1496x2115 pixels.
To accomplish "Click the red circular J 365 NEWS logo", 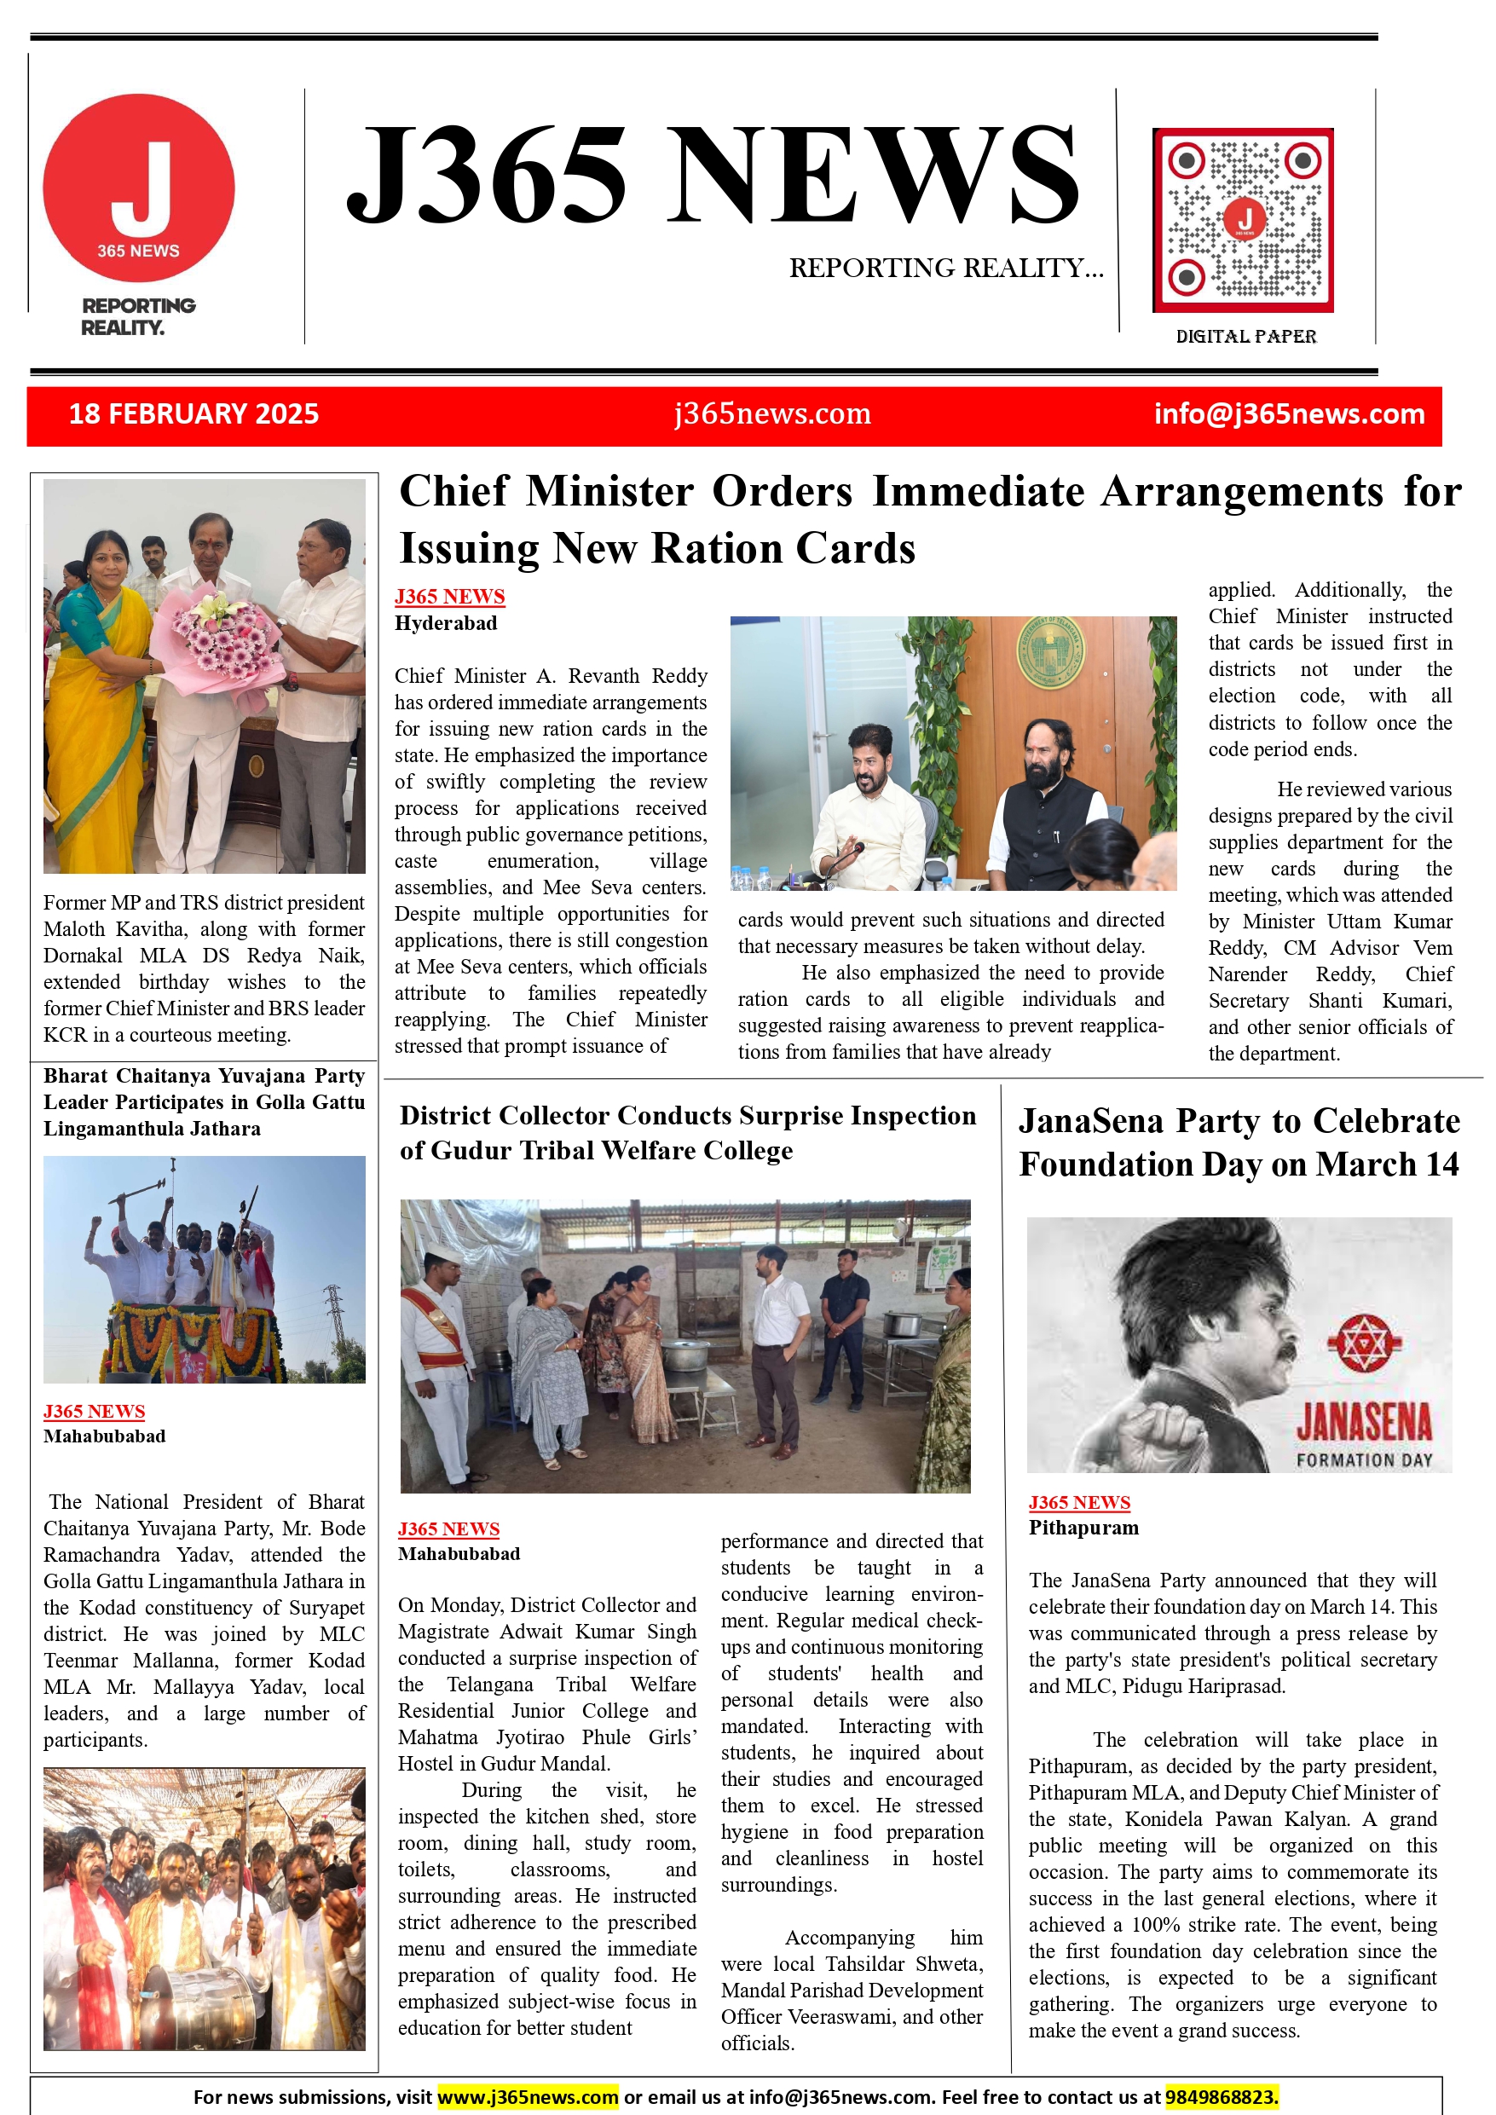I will tap(139, 188).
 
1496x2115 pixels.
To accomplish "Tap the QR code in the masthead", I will tap(1243, 220).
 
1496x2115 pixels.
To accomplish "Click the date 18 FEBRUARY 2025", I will tap(193, 413).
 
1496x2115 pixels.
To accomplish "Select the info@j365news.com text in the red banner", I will tap(1289, 413).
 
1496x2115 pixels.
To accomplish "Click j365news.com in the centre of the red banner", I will tap(772, 413).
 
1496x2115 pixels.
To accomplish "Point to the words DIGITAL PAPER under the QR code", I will tap(1245, 336).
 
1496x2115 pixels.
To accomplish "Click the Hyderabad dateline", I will tap(446, 624).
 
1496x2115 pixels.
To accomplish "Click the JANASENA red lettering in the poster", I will tap(1363, 1422).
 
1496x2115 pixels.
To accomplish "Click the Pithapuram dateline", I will tap(1083, 1528).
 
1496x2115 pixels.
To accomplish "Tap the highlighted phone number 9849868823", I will tap(1222, 2097).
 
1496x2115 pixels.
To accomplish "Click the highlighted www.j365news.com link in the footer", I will tap(528, 2097).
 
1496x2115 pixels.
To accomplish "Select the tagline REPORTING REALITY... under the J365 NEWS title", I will tap(946, 268).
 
